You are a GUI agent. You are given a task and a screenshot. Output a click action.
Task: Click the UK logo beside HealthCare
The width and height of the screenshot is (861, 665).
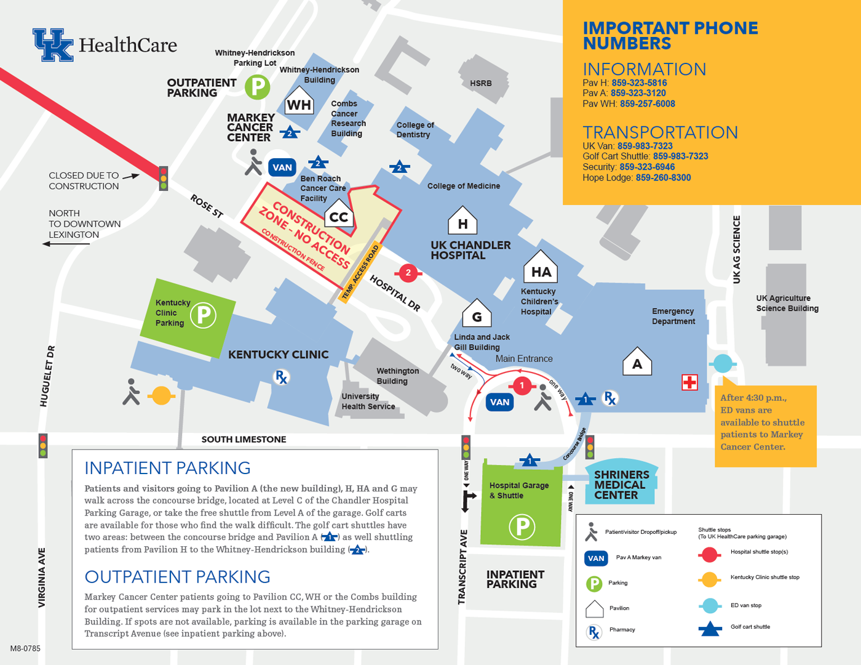(53, 44)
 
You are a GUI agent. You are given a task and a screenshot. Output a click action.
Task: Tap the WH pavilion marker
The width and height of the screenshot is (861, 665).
(299, 103)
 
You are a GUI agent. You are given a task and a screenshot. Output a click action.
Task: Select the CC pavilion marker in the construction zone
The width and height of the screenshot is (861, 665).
(339, 215)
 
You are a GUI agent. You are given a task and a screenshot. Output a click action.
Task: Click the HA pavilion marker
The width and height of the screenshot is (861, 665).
(541, 270)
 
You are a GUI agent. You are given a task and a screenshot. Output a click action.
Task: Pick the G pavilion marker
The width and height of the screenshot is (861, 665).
(477, 315)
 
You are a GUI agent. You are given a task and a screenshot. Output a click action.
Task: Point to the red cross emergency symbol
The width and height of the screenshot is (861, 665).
(689, 382)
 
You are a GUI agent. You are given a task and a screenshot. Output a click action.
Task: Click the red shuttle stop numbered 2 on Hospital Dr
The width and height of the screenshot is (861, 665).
(408, 273)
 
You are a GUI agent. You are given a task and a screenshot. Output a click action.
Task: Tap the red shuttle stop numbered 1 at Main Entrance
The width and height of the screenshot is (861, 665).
(522, 386)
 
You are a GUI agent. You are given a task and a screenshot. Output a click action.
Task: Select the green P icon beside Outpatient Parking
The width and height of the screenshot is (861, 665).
(258, 87)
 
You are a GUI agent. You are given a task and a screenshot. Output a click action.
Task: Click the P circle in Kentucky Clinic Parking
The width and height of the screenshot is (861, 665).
(203, 316)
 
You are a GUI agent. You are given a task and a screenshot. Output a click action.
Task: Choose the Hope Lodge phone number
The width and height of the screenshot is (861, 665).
(663, 178)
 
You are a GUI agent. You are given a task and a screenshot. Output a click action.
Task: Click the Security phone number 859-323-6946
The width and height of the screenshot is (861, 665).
(647, 167)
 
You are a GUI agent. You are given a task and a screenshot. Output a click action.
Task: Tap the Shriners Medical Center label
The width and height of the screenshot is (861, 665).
(621, 485)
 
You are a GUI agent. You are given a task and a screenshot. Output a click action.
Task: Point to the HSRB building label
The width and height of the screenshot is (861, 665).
(481, 83)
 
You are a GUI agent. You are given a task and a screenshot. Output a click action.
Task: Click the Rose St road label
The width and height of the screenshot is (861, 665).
(207, 206)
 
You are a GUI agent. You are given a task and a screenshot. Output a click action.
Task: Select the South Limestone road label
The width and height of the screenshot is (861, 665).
(244, 440)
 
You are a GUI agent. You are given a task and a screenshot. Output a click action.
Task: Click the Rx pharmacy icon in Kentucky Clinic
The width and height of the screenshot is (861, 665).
(281, 377)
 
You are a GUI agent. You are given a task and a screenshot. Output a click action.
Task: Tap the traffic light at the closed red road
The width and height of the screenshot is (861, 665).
(164, 178)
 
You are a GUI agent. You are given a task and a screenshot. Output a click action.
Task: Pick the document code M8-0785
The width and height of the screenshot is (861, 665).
(25, 648)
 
